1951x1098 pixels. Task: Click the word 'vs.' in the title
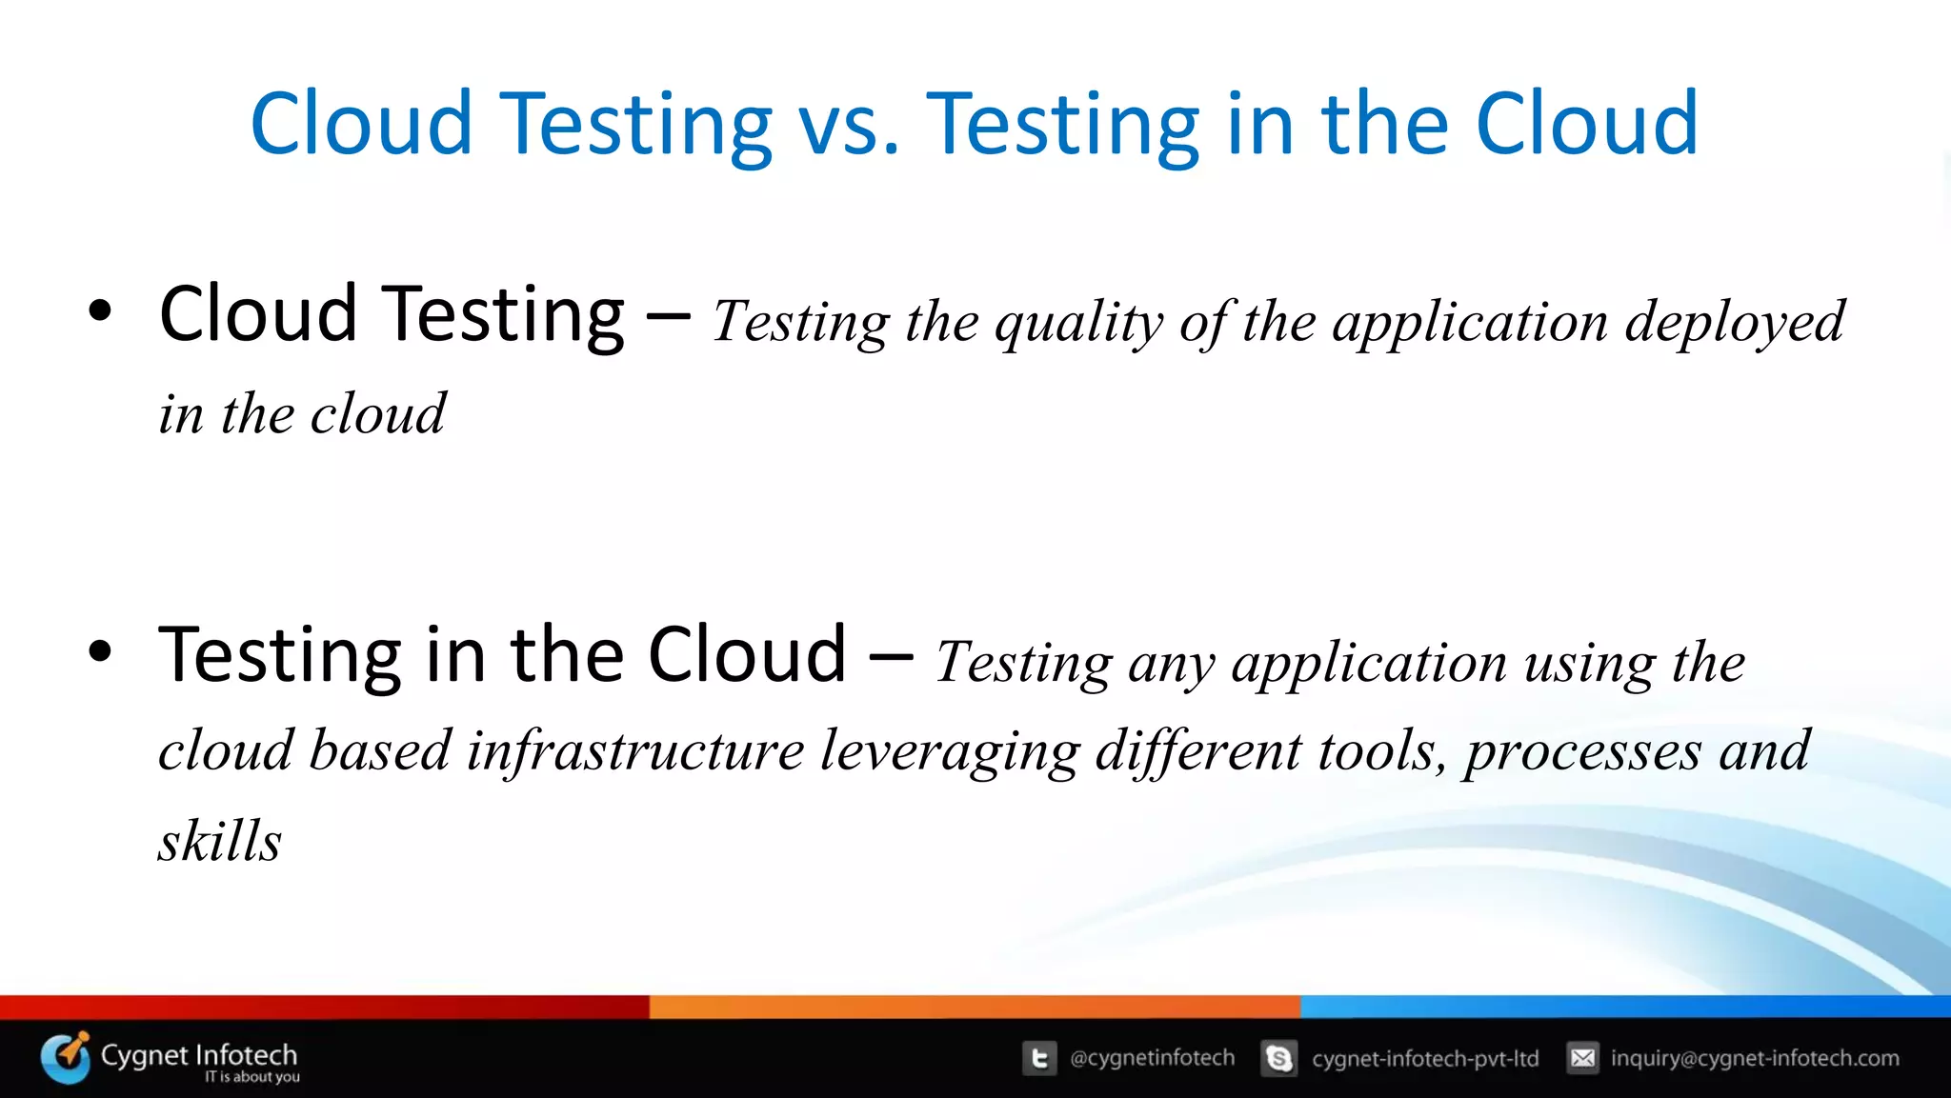[849, 125]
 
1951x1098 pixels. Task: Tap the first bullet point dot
[100, 311]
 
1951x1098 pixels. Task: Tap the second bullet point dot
[100, 652]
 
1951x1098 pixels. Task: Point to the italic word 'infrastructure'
[635, 751]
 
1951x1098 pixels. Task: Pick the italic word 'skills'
[220, 841]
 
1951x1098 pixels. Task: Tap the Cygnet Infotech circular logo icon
[66, 1058]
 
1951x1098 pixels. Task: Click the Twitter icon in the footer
[1039, 1058]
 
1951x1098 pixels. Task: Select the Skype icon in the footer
[1278, 1058]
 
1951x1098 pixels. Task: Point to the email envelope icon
[1582, 1058]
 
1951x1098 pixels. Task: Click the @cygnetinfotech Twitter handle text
[1152, 1058]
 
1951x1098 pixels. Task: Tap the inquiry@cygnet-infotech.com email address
[1754, 1058]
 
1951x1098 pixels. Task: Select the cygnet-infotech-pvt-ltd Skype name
[1424, 1059]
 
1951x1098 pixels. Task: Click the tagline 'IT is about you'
[251, 1077]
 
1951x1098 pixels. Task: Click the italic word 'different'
[1197, 751]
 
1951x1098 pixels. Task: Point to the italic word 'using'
[1590, 665]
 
